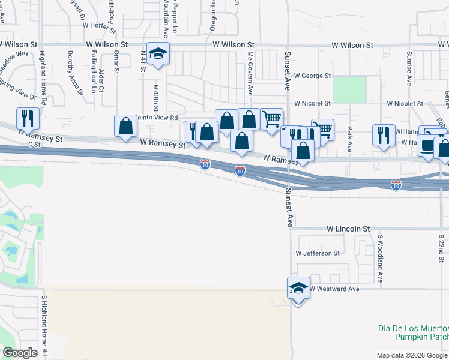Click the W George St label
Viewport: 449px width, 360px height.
pos(312,76)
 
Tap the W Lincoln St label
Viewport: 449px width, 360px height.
pos(348,229)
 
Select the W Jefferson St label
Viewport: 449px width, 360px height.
pos(318,253)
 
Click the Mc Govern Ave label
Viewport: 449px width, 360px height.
pos(250,73)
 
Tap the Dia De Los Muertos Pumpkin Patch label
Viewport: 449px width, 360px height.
pos(414,333)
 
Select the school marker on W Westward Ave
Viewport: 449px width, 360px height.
pos(298,288)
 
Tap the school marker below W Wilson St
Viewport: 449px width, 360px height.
pos(158,54)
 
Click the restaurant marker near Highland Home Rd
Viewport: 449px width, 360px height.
pos(28,119)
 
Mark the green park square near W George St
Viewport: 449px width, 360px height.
pos(349,89)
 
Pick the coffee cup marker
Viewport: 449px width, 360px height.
pos(427,145)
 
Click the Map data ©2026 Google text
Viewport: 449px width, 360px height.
pos(412,355)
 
